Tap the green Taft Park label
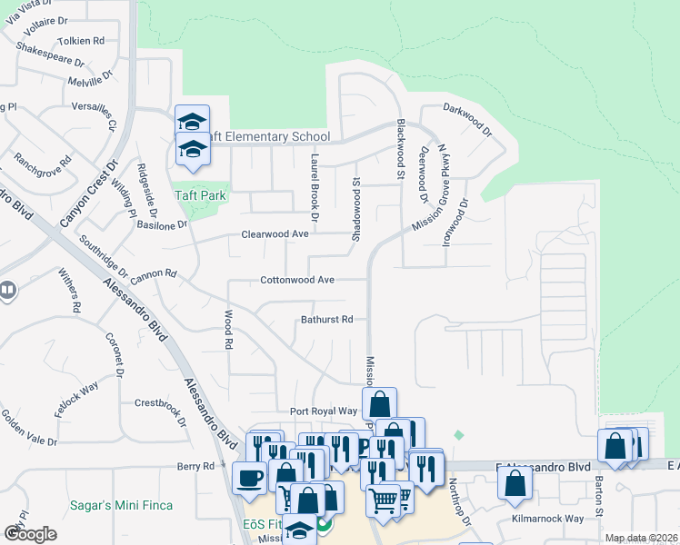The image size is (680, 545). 201,195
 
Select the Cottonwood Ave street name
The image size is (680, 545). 298,280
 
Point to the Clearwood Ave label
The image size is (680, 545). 275,233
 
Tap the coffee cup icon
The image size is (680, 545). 249,477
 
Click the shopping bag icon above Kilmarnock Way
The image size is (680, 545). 515,484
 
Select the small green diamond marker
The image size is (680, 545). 458,435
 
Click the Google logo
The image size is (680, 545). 30,534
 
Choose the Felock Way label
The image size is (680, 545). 76,401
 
